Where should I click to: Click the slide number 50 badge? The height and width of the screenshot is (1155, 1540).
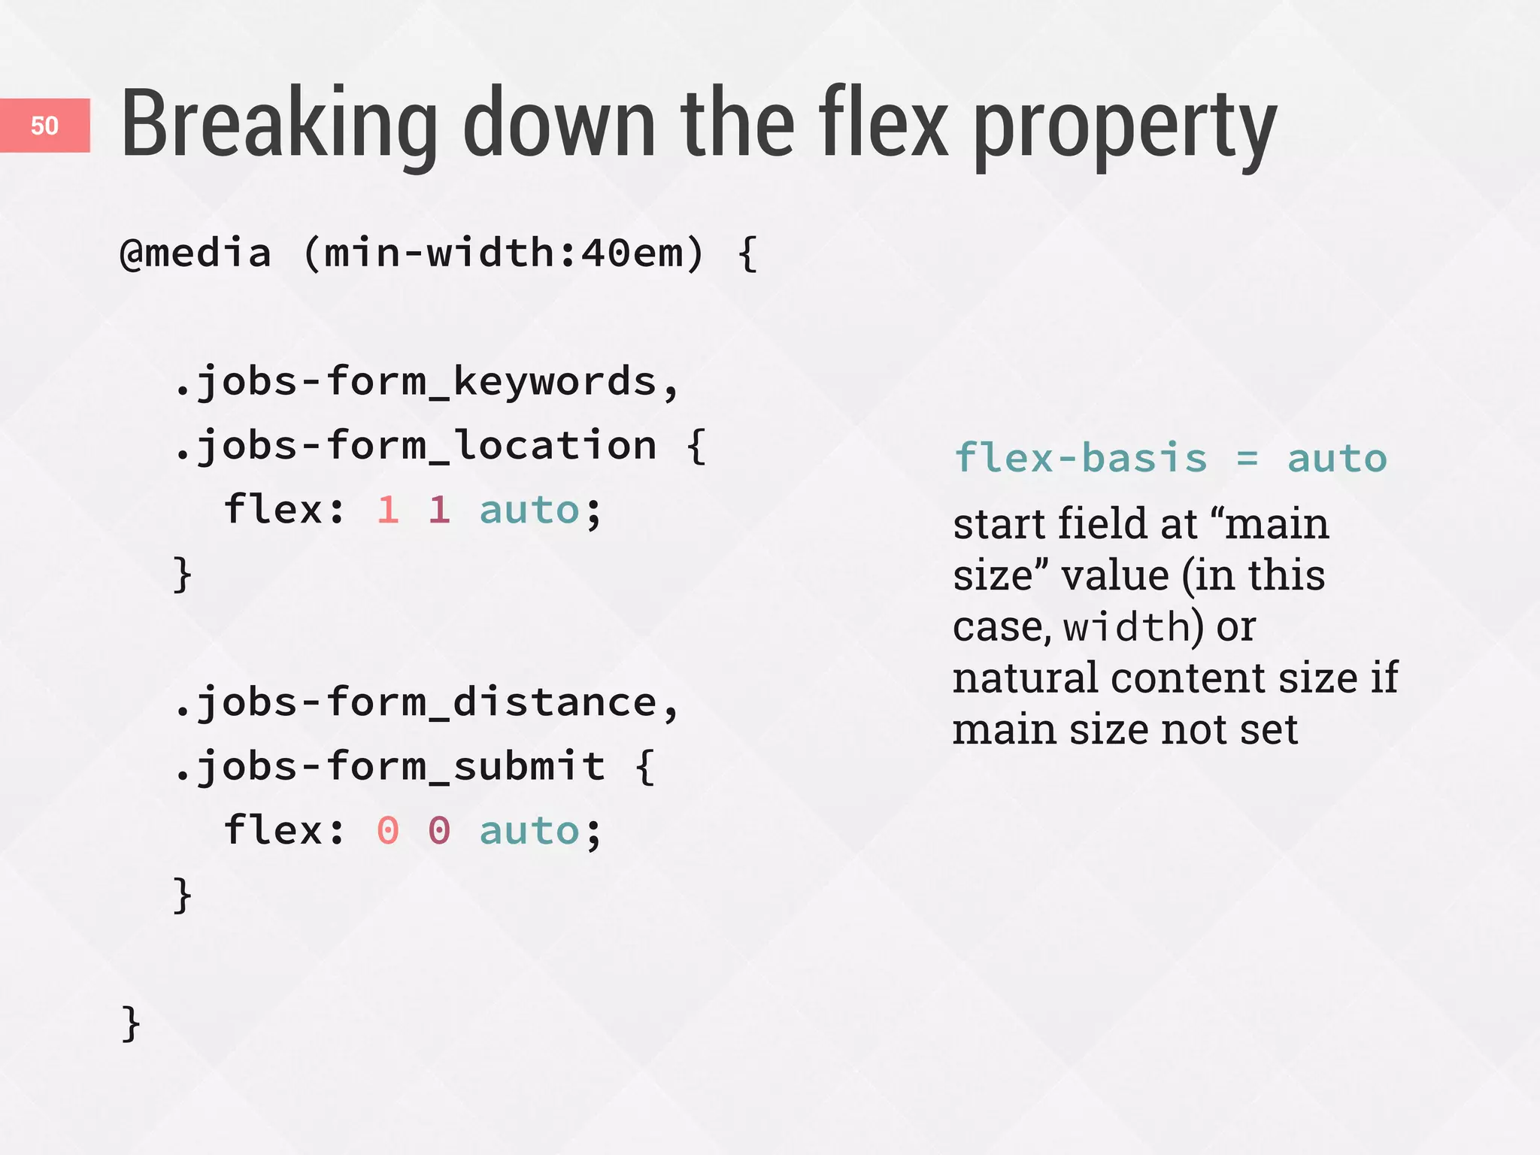(x=44, y=126)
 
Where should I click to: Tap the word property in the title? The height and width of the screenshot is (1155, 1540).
(x=1125, y=128)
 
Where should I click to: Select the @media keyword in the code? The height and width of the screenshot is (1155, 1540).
(x=196, y=253)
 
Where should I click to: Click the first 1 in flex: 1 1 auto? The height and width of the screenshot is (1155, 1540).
(x=388, y=510)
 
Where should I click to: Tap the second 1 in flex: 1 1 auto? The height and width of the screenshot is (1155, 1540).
(x=440, y=510)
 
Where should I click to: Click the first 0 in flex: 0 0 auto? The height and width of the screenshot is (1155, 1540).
(x=388, y=831)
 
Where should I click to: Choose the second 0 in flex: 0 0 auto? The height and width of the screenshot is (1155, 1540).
(x=440, y=831)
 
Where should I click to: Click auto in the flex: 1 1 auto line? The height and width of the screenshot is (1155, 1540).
(x=529, y=511)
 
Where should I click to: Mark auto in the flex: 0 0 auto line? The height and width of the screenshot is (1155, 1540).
(x=529, y=832)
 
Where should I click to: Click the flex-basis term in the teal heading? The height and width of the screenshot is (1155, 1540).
(x=1081, y=458)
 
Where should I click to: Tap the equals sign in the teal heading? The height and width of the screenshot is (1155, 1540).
(x=1247, y=459)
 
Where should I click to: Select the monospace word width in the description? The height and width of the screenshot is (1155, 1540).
(x=1126, y=626)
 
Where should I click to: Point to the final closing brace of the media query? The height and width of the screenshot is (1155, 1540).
(x=131, y=1023)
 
